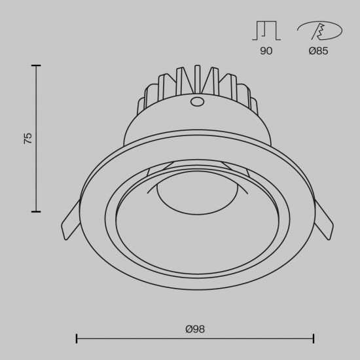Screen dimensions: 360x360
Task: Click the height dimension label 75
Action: (27, 138)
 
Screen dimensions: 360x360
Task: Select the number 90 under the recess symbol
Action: (266, 51)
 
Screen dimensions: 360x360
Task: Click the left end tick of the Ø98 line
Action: (77, 338)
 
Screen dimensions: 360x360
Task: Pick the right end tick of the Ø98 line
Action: (314, 338)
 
